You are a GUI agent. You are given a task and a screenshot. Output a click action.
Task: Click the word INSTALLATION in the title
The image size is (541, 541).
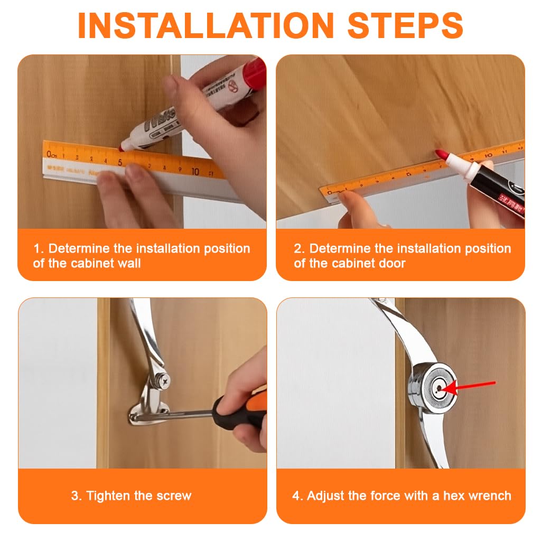point(206,24)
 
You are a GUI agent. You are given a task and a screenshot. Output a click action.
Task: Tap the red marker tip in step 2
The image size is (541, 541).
point(440,154)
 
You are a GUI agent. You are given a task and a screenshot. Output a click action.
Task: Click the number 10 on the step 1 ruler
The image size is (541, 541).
point(195,171)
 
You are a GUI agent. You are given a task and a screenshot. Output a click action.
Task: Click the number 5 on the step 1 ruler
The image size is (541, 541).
point(120,162)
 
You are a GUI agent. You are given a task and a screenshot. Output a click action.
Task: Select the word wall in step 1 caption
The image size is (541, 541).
point(129,263)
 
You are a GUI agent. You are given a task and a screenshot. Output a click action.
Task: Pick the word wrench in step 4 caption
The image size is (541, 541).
point(491,496)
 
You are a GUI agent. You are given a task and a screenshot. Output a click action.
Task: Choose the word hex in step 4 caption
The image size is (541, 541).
point(456,496)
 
